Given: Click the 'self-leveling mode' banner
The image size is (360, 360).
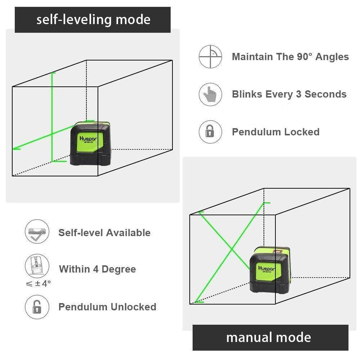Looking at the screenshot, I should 93,19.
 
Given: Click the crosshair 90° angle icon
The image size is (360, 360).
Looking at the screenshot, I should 210,57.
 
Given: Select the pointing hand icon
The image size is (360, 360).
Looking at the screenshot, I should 210,94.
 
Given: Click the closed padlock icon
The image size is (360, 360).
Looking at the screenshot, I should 210,132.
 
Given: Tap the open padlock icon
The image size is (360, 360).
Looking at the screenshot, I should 37,307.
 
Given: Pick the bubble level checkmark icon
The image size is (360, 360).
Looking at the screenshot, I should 37,233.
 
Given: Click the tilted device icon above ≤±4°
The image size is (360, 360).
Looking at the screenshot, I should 37,266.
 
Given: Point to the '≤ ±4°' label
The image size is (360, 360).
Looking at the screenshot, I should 38,283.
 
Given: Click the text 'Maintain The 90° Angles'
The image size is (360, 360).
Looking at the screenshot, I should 290,57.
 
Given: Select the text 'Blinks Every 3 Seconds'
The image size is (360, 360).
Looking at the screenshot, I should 289,94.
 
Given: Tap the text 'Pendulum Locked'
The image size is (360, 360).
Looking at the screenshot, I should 275,132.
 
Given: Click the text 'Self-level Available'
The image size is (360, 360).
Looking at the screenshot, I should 104,233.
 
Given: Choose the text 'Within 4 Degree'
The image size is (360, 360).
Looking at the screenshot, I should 97,269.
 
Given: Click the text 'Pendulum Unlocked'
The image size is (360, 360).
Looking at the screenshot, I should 107,307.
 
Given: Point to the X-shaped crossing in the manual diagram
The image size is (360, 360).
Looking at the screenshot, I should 230,249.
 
